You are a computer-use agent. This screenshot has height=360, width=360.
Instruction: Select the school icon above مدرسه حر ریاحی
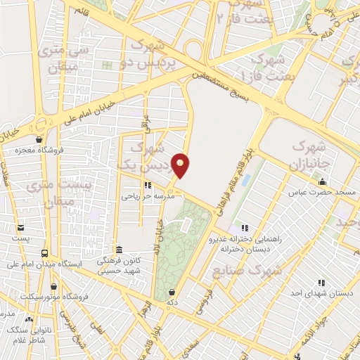[x=147, y=186]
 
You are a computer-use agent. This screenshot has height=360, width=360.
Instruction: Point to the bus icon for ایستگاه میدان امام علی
[x=45, y=253]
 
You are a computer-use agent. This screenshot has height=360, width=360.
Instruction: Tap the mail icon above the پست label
[x=20, y=228]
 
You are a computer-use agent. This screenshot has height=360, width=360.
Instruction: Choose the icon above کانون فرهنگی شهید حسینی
[x=119, y=250]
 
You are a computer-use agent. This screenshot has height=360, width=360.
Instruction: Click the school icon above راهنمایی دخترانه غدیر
[x=244, y=228]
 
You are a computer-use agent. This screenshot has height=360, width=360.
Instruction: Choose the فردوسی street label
[x=203, y=297]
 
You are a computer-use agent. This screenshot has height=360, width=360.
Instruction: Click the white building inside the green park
[x=186, y=225]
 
